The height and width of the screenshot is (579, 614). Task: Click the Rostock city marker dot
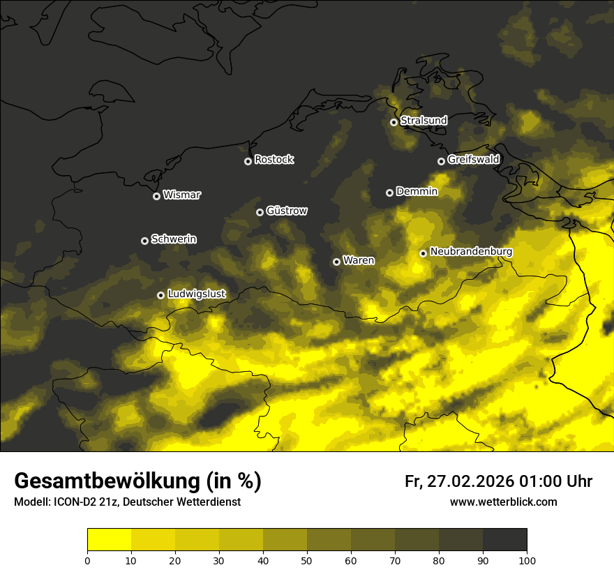(x=248, y=161)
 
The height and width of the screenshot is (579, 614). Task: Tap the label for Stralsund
(x=424, y=121)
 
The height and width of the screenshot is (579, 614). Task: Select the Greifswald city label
(x=473, y=160)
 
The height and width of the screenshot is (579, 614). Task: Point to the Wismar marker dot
(x=156, y=196)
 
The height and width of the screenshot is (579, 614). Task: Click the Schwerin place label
(x=174, y=239)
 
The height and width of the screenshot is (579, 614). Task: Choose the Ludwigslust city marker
(x=160, y=295)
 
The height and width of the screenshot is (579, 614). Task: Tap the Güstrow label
(x=287, y=211)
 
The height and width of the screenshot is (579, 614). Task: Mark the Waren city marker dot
(x=336, y=262)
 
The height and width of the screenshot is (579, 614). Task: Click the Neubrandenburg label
(x=471, y=252)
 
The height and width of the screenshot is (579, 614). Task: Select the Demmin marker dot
(x=389, y=193)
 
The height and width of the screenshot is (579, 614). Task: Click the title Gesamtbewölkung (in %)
(x=137, y=481)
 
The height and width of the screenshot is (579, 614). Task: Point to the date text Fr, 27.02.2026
(x=459, y=481)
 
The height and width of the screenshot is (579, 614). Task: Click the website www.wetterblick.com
(x=503, y=502)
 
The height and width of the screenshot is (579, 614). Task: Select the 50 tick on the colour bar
(x=307, y=559)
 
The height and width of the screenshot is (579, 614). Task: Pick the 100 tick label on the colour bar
(x=527, y=559)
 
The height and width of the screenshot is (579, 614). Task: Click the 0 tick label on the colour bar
(x=87, y=559)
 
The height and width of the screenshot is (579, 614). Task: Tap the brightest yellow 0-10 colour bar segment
(x=109, y=539)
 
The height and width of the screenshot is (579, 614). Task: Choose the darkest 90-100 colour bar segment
(x=504, y=539)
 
